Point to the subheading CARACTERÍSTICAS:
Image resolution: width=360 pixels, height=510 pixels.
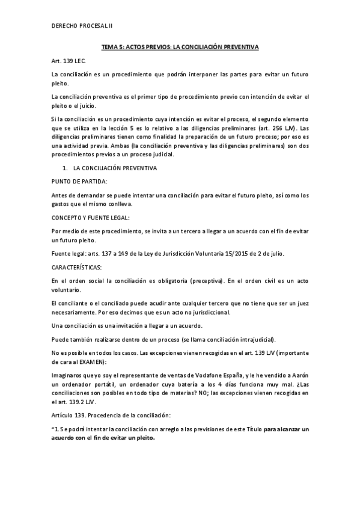coord(77,266)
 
